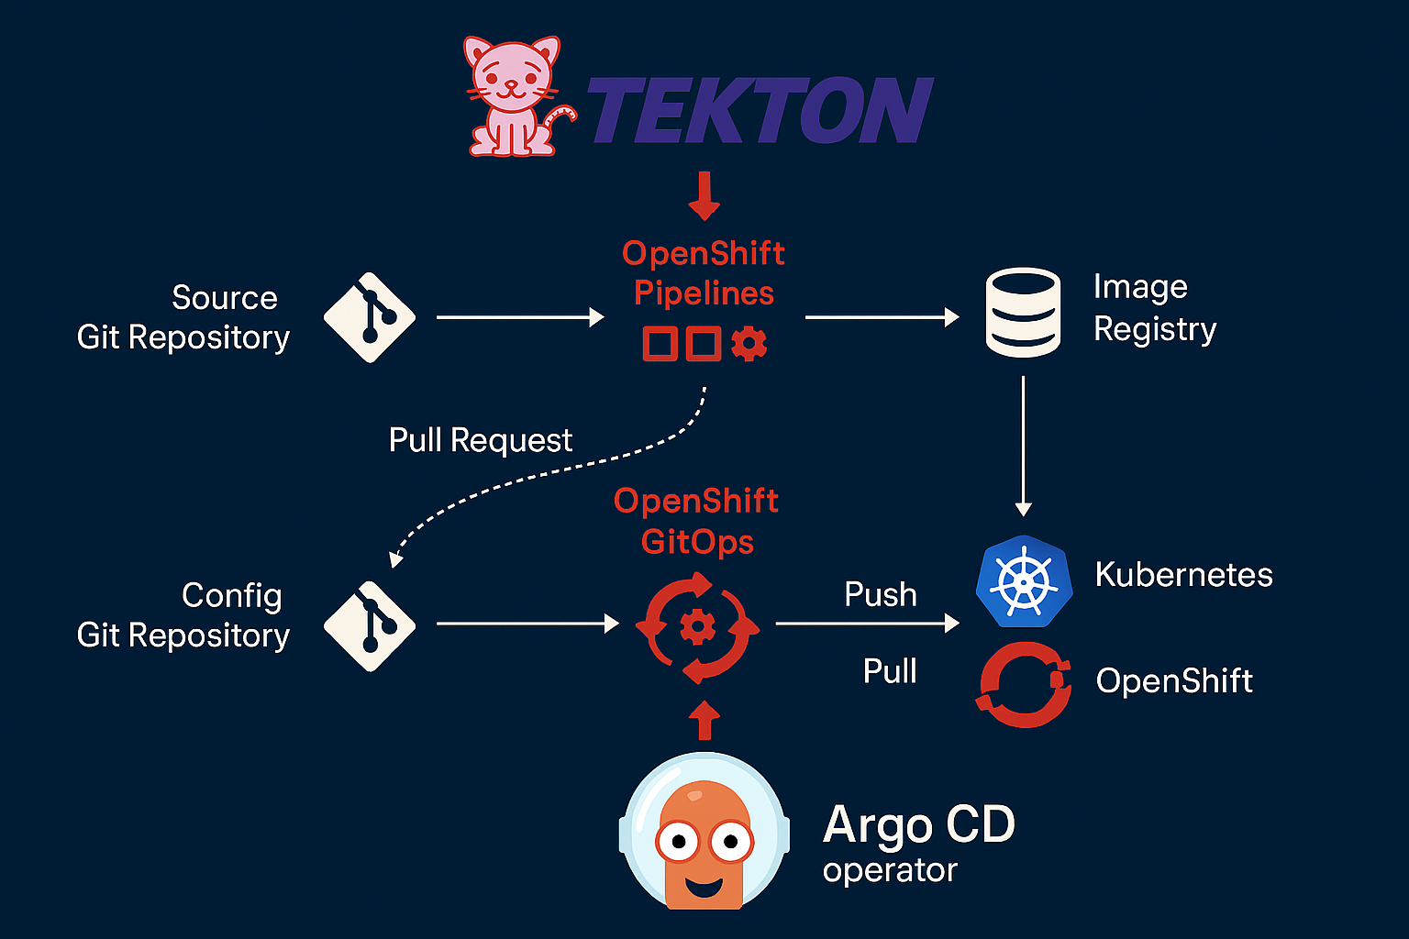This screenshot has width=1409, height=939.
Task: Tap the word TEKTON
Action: pyautogui.click(x=760, y=111)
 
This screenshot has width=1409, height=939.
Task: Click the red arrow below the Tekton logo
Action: pyautogui.click(x=704, y=195)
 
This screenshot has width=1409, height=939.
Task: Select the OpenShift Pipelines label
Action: pyautogui.click(x=704, y=272)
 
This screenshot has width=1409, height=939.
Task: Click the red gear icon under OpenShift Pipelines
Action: pyautogui.click(x=749, y=344)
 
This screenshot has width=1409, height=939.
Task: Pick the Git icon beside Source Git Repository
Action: pyautogui.click(x=370, y=317)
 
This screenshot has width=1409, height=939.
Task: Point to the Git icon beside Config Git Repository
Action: pyautogui.click(x=370, y=625)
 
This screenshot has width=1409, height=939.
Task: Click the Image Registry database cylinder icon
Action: pyautogui.click(x=1023, y=312)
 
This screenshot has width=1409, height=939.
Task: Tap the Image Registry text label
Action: pyautogui.click(x=1154, y=308)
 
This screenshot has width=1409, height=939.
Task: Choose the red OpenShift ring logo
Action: pyautogui.click(x=1024, y=684)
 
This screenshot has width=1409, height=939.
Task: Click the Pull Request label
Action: pyautogui.click(x=481, y=440)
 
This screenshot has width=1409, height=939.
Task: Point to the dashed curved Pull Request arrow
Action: pyautogui.click(x=550, y=472)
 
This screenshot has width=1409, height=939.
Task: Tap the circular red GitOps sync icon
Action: pyautogui.click(x=698, y=627)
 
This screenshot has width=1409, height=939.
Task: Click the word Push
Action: pyautogui.click(x=881, y=594)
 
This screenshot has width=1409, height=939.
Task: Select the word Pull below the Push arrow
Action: pyautogui.click(x=890, y=671)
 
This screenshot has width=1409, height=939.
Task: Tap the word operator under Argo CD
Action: pyautogui.click(x=890, y=869)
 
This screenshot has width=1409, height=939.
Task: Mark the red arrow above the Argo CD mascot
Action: pyautogui.click(x=704, y=720)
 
